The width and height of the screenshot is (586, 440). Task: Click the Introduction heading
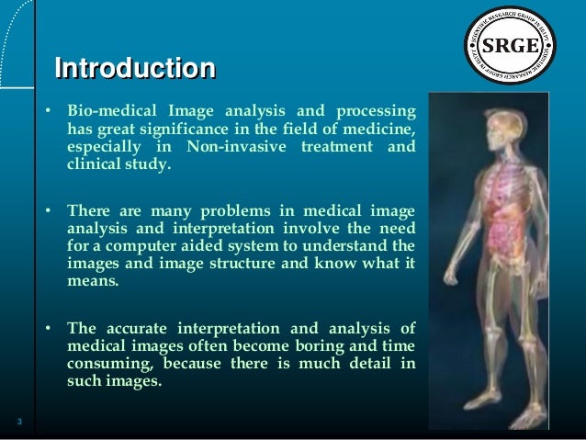point(135,69)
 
